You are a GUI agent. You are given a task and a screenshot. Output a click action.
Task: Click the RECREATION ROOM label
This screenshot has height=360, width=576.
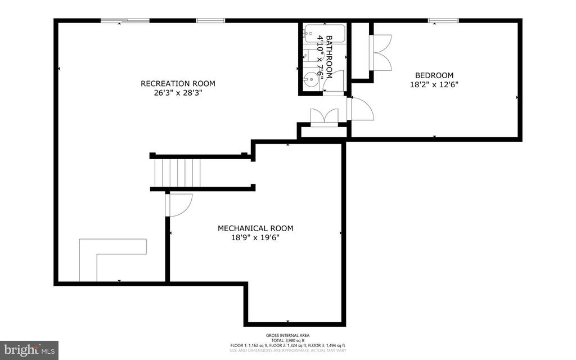click(x=178, y=84)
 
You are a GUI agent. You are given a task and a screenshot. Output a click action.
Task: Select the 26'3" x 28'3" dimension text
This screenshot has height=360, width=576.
click(x=178, y=93)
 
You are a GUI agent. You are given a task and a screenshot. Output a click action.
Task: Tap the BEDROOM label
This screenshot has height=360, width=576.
click(x=434, y=75)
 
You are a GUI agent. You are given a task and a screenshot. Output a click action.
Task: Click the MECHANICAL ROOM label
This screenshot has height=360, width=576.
click(x=255, y=228)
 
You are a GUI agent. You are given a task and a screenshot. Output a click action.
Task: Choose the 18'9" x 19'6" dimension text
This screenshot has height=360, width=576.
click(x=255, y=237)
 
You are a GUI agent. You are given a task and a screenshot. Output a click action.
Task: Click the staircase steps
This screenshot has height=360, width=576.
click(x=178, y=173)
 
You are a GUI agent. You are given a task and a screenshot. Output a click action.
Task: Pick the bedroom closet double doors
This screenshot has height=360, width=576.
click(x=380, y=53)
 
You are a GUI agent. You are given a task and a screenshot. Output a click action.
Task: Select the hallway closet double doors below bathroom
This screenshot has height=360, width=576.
click(x=325, y=116)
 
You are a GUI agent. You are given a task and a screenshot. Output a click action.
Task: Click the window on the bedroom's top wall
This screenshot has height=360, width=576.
click(x=443, y=21)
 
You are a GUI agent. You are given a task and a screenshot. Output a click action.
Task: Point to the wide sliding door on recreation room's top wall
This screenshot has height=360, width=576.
click(x=125, y=21)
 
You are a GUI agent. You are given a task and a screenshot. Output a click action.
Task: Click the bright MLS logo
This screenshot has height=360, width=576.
click(x=29, y=350)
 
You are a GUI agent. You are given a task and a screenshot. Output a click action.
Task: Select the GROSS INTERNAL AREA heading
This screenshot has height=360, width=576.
click(x=287, y=335)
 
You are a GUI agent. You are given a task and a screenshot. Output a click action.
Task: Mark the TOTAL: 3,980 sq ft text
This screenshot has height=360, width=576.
click(x=287, y=340)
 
